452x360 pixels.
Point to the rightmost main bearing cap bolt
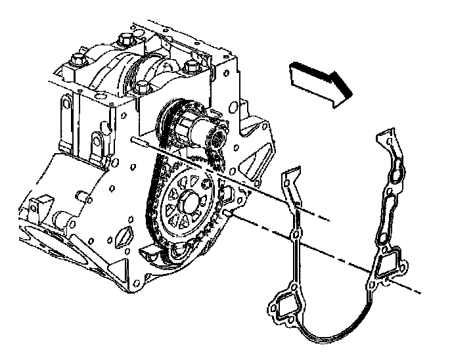[x=192, y=66]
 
